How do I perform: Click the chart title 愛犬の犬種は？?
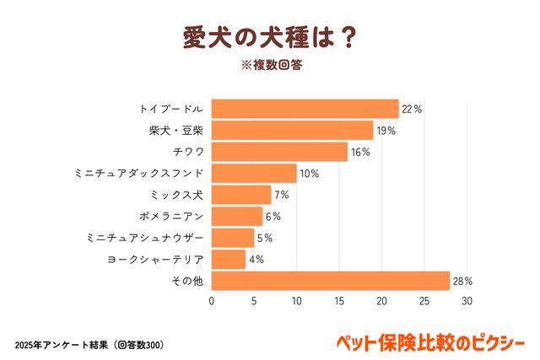pos(269,39)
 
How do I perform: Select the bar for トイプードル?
pos(305,109)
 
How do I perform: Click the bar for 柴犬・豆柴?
pos(292,130)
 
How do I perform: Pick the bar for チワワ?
pos(279,152)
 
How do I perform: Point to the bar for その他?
pos(330,281)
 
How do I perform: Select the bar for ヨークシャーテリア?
pos(228,259)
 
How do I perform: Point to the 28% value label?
pos(462,281)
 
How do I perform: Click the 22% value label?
pos(412,109)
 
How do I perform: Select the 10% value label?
pos(309,174)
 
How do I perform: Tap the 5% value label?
pos(264,238)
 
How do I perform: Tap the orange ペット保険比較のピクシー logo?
pos(429,343)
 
